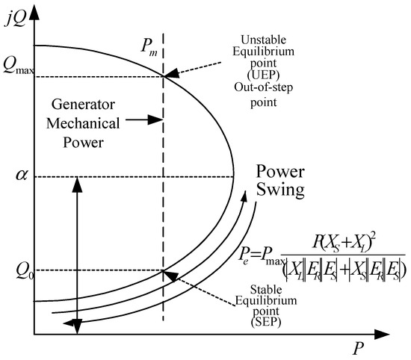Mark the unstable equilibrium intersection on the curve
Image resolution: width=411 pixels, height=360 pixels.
[164, 75]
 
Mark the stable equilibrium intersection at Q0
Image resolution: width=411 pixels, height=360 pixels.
[164, 270]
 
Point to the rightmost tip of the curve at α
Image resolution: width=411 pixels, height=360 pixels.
[235, 177]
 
